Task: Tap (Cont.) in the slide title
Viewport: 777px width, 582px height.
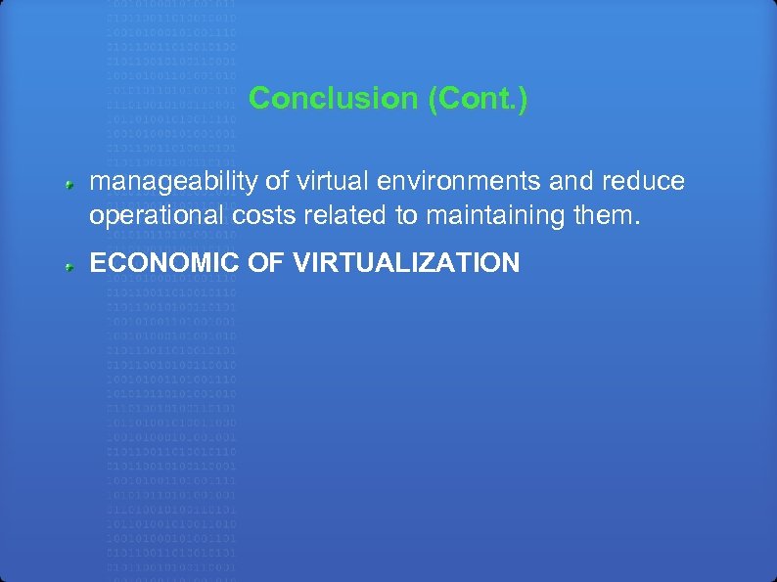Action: coord(478,99)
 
